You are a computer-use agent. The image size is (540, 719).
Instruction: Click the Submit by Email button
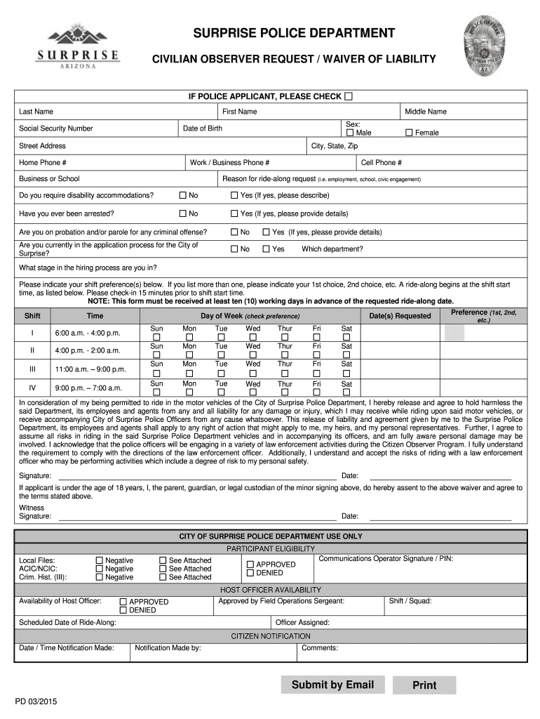point(332,685)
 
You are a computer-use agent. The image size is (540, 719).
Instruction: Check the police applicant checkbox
point(349,96)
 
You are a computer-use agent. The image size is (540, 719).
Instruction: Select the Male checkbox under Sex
point(351,133)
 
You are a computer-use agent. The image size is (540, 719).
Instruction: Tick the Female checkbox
point(410,133)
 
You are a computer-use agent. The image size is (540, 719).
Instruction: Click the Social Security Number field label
point(56,128)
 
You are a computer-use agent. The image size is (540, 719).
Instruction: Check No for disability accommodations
point(183,195)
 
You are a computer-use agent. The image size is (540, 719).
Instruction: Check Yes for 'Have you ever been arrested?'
point(235,213)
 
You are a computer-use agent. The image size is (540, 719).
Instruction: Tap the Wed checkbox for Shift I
point(253,338)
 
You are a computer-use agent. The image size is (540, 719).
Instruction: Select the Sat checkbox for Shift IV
point(346,393)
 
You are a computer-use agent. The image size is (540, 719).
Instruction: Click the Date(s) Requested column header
point(400,316)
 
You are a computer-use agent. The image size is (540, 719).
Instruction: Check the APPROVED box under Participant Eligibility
point(250,564)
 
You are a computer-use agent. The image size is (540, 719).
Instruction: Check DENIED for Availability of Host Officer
point(123,610)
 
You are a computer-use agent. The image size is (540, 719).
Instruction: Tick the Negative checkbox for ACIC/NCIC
point(99,569)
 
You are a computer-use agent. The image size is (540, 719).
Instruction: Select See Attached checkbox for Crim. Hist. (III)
point(163,577)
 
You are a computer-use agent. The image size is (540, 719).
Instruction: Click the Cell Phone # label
point(381,162)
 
